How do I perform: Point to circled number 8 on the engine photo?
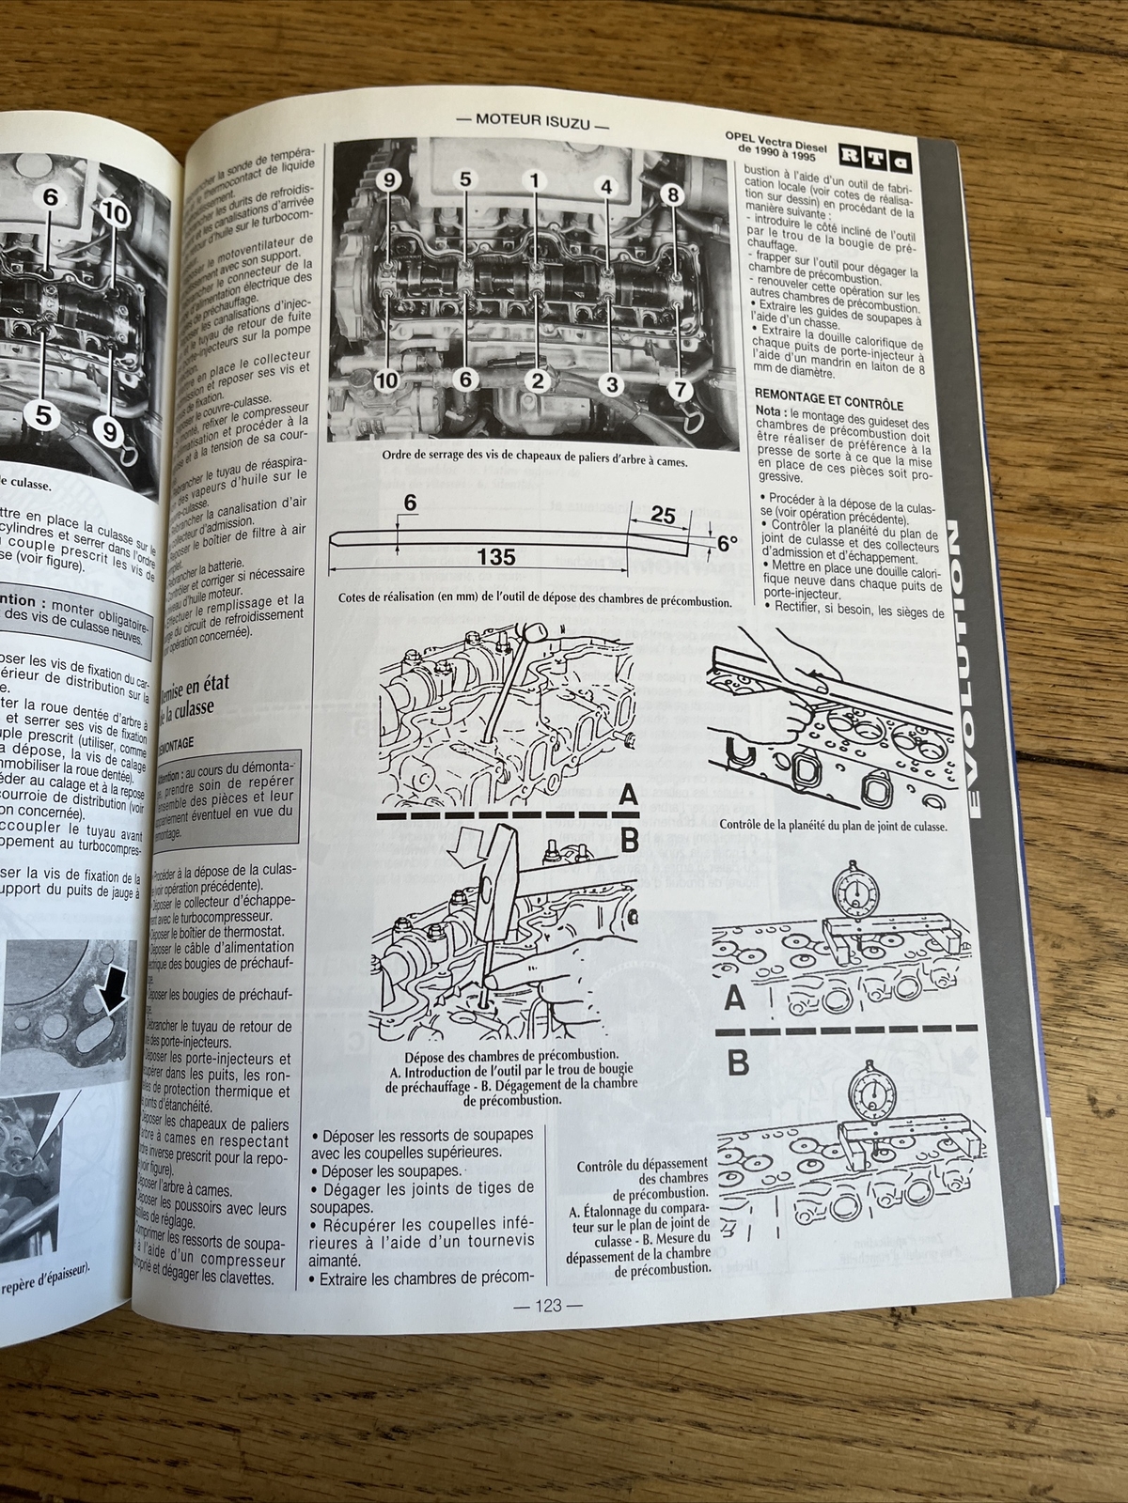(673, 195)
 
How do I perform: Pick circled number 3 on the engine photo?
(611, 382)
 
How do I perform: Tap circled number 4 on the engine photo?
(606, 186)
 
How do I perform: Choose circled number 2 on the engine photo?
(537, 380)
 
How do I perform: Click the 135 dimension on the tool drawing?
(495, 557)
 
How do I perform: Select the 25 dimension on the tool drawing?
(663, 515)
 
